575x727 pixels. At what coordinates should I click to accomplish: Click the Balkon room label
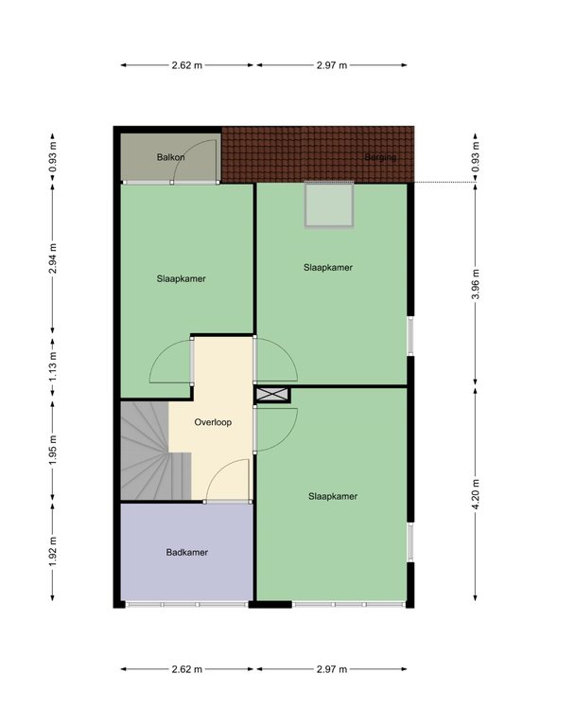pos(170,157)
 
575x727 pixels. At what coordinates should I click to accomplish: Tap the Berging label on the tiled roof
pos(380,157)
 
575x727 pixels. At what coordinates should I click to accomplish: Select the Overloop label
pos(213,422)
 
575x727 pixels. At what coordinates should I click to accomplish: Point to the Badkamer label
pos(186,552)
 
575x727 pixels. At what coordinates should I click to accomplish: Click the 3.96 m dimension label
pos(476,284)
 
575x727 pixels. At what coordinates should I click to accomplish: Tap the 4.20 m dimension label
pos(476,494)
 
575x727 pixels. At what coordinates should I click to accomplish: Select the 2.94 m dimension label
pos(53,258)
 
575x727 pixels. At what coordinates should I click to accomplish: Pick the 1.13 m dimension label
pos(53,367)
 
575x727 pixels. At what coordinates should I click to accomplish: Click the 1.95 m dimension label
pos(53,451)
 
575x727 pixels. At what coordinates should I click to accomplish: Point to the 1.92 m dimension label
pos(53,551)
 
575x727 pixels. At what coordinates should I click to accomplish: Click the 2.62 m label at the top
pos(186,65)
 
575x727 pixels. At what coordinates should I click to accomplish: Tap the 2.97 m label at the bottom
pos(332,669)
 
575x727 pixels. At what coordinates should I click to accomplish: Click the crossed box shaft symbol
pos(272,395)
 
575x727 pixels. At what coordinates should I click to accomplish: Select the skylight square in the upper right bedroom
pos(329,204)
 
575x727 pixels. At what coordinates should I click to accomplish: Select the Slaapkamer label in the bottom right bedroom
pos(333,496)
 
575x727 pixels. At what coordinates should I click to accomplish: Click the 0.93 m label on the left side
pos(53,156)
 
